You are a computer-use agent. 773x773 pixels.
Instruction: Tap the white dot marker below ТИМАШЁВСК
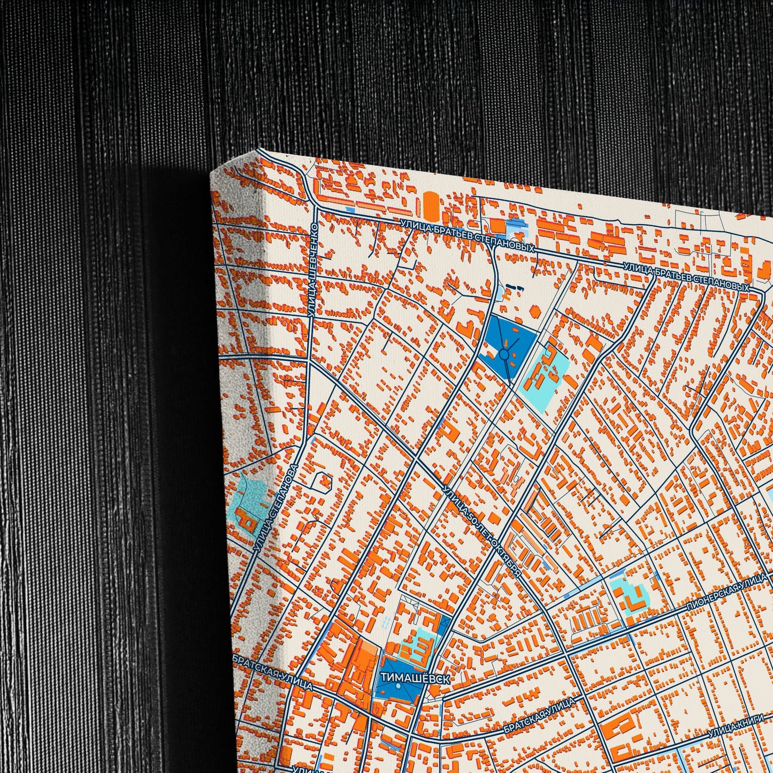(399, 687)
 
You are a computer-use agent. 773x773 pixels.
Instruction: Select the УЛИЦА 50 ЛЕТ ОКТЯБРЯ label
(482, 530)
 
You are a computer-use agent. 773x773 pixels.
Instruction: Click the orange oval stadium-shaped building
(431, 206)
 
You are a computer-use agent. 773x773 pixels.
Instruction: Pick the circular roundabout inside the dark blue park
(503, 354)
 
